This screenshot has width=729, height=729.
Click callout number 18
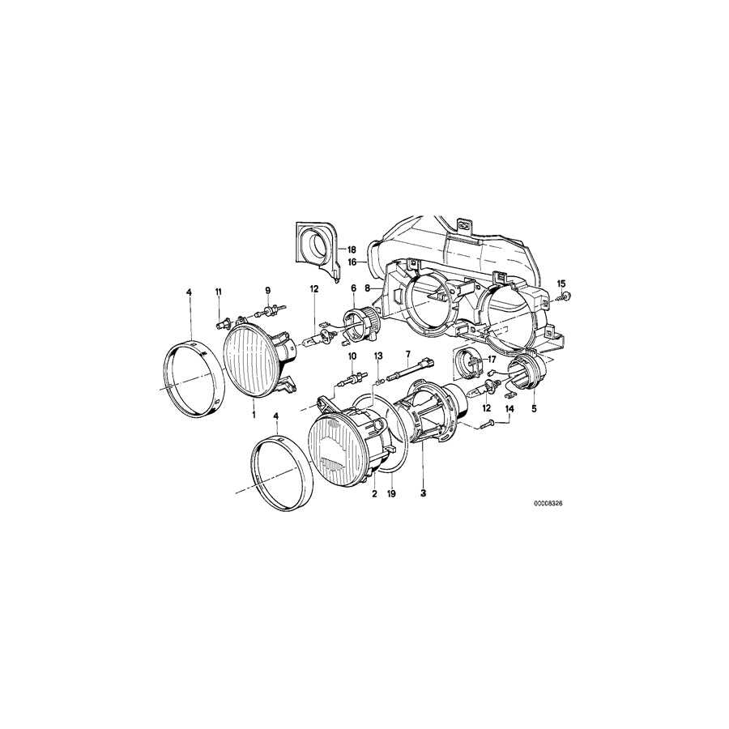[353, 250]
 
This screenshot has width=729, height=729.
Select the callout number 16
[353, 262]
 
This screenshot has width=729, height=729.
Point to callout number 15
[561, 283]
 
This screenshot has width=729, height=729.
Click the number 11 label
[218, 291]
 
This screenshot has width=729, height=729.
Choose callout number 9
[268, 291]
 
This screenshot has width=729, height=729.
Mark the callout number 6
[353, 289]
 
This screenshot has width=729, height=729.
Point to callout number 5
[534, 410]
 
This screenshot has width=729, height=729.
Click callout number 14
[509, 410]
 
